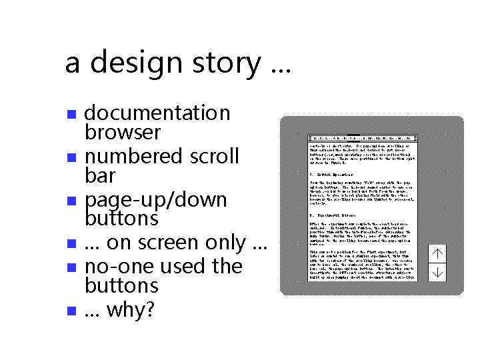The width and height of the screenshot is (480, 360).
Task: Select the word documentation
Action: pos(157,113)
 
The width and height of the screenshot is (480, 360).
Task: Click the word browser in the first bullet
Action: pos(123,132)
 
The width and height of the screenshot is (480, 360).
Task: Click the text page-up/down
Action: pos(156,200)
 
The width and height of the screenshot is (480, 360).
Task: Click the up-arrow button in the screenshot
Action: pos(437,253)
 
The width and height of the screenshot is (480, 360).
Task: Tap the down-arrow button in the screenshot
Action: pos(437,271)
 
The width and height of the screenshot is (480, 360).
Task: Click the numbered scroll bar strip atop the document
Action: pos(363,137)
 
